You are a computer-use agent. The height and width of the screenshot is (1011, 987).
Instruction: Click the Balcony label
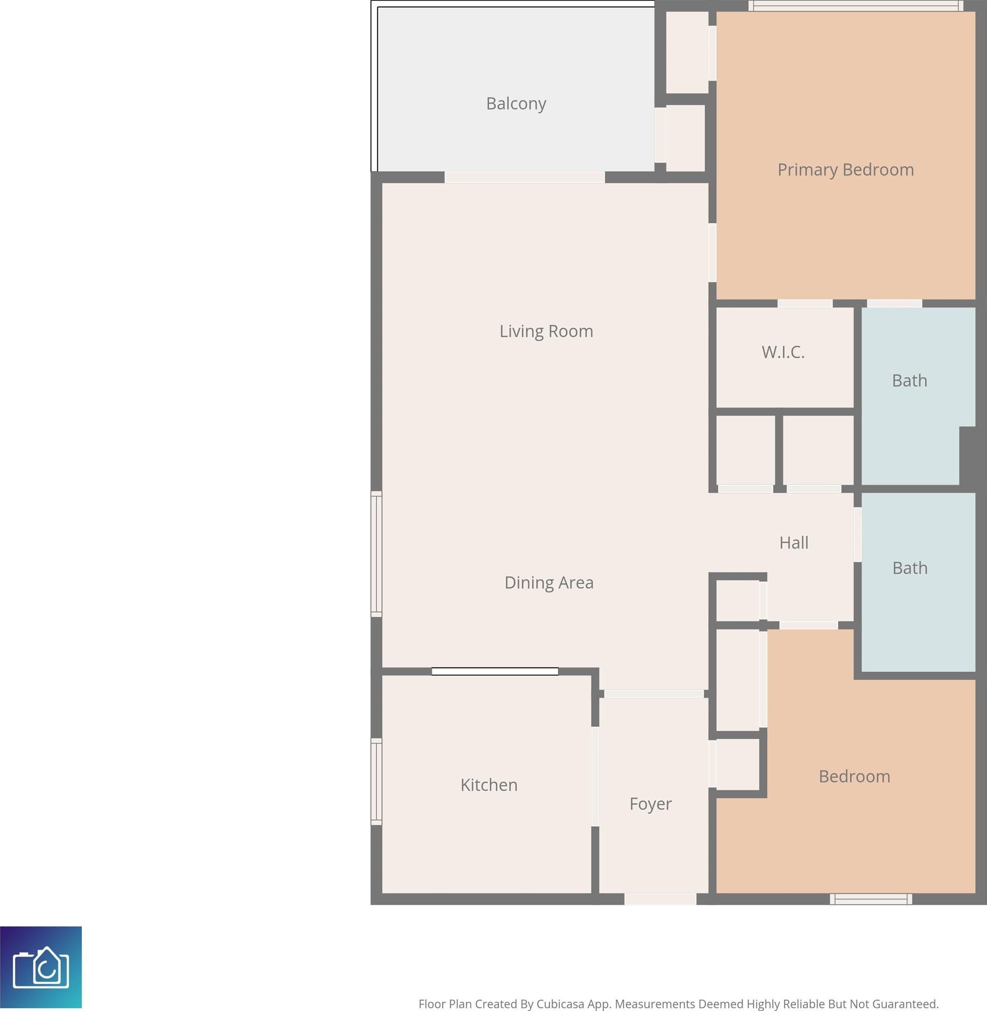516,104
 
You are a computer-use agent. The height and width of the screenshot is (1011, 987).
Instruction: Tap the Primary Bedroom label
845,170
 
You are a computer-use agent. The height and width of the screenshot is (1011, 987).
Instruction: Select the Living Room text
546,331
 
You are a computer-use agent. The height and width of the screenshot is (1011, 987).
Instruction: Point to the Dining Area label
549,583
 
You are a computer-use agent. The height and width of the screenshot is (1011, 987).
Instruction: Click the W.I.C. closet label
783,352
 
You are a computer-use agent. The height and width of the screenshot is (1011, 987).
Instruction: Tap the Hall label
794,543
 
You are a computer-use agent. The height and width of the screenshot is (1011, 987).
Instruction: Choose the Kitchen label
489,785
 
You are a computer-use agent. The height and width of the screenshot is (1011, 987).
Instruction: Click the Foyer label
651,804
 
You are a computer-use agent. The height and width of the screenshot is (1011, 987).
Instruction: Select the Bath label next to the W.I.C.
909,381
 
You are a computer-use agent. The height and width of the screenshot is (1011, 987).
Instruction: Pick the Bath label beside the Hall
910,568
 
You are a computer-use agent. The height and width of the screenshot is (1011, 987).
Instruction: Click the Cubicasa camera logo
41,967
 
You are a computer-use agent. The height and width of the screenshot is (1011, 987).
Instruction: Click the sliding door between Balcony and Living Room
525,177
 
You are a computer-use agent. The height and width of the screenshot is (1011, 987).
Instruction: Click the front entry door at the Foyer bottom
660,899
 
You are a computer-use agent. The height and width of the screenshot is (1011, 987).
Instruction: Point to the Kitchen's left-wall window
376,782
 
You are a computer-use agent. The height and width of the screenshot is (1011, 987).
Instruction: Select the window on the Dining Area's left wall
376,554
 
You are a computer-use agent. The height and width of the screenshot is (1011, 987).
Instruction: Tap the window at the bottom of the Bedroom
871,899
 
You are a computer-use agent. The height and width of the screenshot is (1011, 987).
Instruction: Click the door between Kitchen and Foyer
595,776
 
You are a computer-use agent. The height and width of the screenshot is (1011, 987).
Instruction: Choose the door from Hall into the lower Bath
857,534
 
